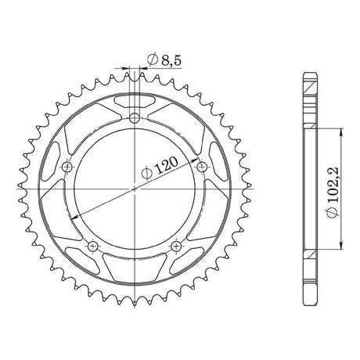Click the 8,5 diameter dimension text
(171, 61)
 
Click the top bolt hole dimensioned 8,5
(135, 117)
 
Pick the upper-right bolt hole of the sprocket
(202, 167)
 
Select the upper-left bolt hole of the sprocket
(67, 167)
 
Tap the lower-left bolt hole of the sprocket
(93, 246)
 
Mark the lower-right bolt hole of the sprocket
(176, 246)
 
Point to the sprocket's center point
(135, 189)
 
